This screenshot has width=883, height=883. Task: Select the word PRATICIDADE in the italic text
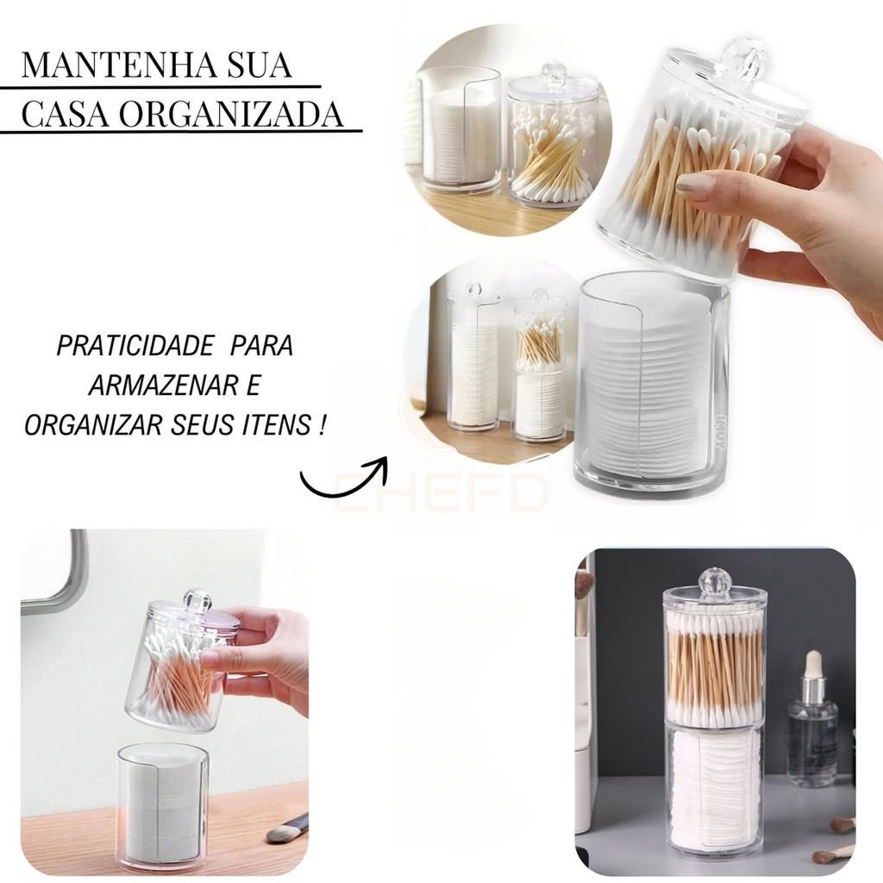pyautogui.click(x=135, y=346)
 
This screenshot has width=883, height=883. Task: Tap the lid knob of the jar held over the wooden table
pyautogui.click(x=197, y=600)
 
